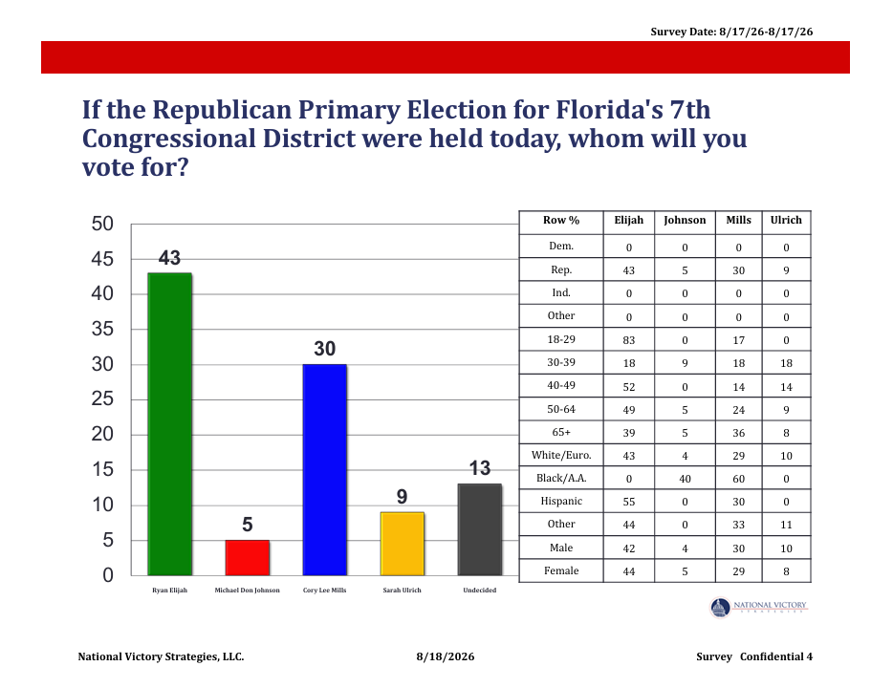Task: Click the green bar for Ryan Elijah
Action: [x=170, y=424]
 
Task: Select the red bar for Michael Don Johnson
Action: [x=248, y=558]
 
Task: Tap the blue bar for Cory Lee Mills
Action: [x=325, y=469]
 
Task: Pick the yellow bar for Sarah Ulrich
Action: [x=403, y=544]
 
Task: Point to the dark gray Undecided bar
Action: [x=480, y=529]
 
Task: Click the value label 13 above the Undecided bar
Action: [x=480, y=468]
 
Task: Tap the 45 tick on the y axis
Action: [x=102, y=259]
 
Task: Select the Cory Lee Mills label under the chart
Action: [x=325, y=591]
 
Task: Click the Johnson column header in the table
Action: [x=685, y=221]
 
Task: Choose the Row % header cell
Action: [x=561, y=220]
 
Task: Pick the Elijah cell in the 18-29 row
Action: [x=629, y=340]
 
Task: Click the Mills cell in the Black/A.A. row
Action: [x=739, y=479]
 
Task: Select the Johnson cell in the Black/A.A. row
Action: [x=685, y=479]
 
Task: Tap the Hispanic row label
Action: [x=561, y=502]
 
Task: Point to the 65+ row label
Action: [x=561, y=433]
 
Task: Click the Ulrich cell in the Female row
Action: [x=786, y=571]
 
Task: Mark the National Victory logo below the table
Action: [x=758, y=607]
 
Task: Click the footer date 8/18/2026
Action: [x=446, y=656]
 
